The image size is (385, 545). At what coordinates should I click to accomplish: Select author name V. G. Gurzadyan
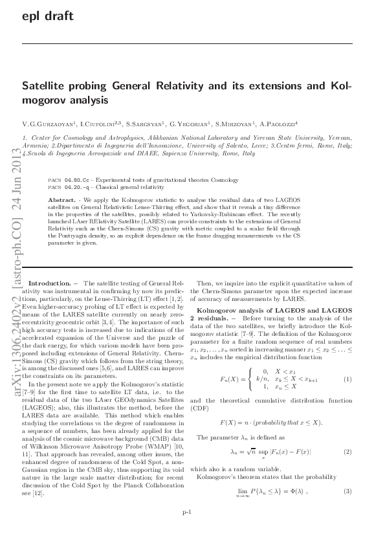(x=49, y=123)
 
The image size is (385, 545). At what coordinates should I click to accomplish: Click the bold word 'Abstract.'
(x=61, y=200)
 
